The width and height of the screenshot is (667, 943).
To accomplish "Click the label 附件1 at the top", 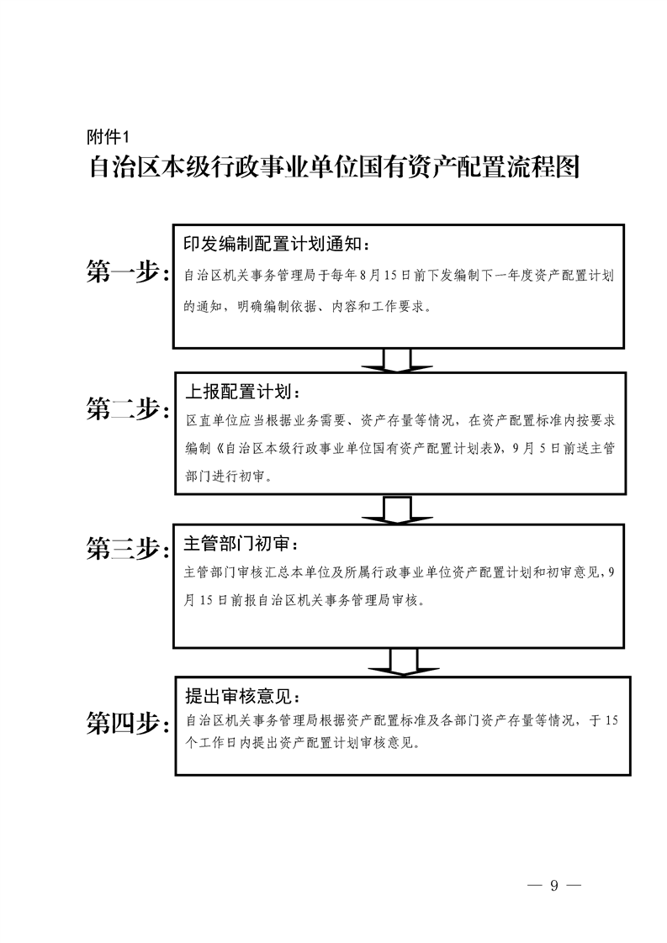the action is tap(109, 138).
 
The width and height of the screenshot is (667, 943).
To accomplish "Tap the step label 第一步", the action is tap(127, 272).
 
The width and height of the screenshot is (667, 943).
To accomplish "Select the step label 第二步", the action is tap(127, 409).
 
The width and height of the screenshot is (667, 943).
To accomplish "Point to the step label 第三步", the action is tap(127, 549).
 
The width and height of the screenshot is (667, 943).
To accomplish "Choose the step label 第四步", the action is tap(127, 723).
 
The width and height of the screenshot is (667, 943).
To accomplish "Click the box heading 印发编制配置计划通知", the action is tap(278, 245).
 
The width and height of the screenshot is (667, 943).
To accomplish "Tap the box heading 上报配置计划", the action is tap(242, 392).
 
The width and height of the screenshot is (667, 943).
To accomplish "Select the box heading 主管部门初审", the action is tap(241, 544).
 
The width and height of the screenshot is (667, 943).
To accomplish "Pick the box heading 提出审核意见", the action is tap(242, 697).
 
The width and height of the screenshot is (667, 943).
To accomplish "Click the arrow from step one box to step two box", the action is tap(397, 361).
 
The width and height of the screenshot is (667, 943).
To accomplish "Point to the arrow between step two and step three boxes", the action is tap(397, 510).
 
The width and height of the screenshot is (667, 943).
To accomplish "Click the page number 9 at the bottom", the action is tap(553, 885).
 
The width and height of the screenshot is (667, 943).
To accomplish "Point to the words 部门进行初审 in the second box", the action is tap(225, 477).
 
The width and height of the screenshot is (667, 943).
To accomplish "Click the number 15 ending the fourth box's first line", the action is tap(611, 720).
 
